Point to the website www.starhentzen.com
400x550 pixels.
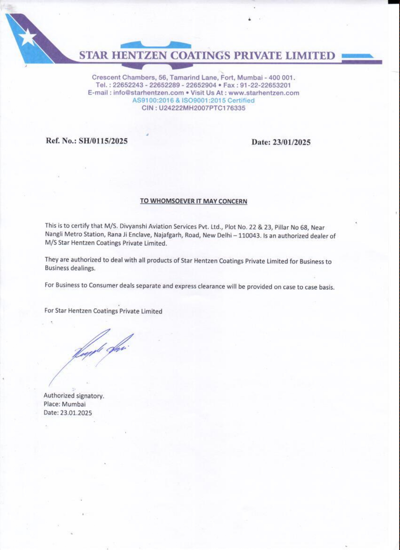pos(264,93)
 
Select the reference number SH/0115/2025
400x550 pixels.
pos(103,141)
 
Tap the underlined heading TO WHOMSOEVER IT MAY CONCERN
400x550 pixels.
pos(194,201)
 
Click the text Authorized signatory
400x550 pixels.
pos(74,396)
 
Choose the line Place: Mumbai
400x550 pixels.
pos(65,404)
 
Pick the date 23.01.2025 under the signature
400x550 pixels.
pos(76,413)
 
